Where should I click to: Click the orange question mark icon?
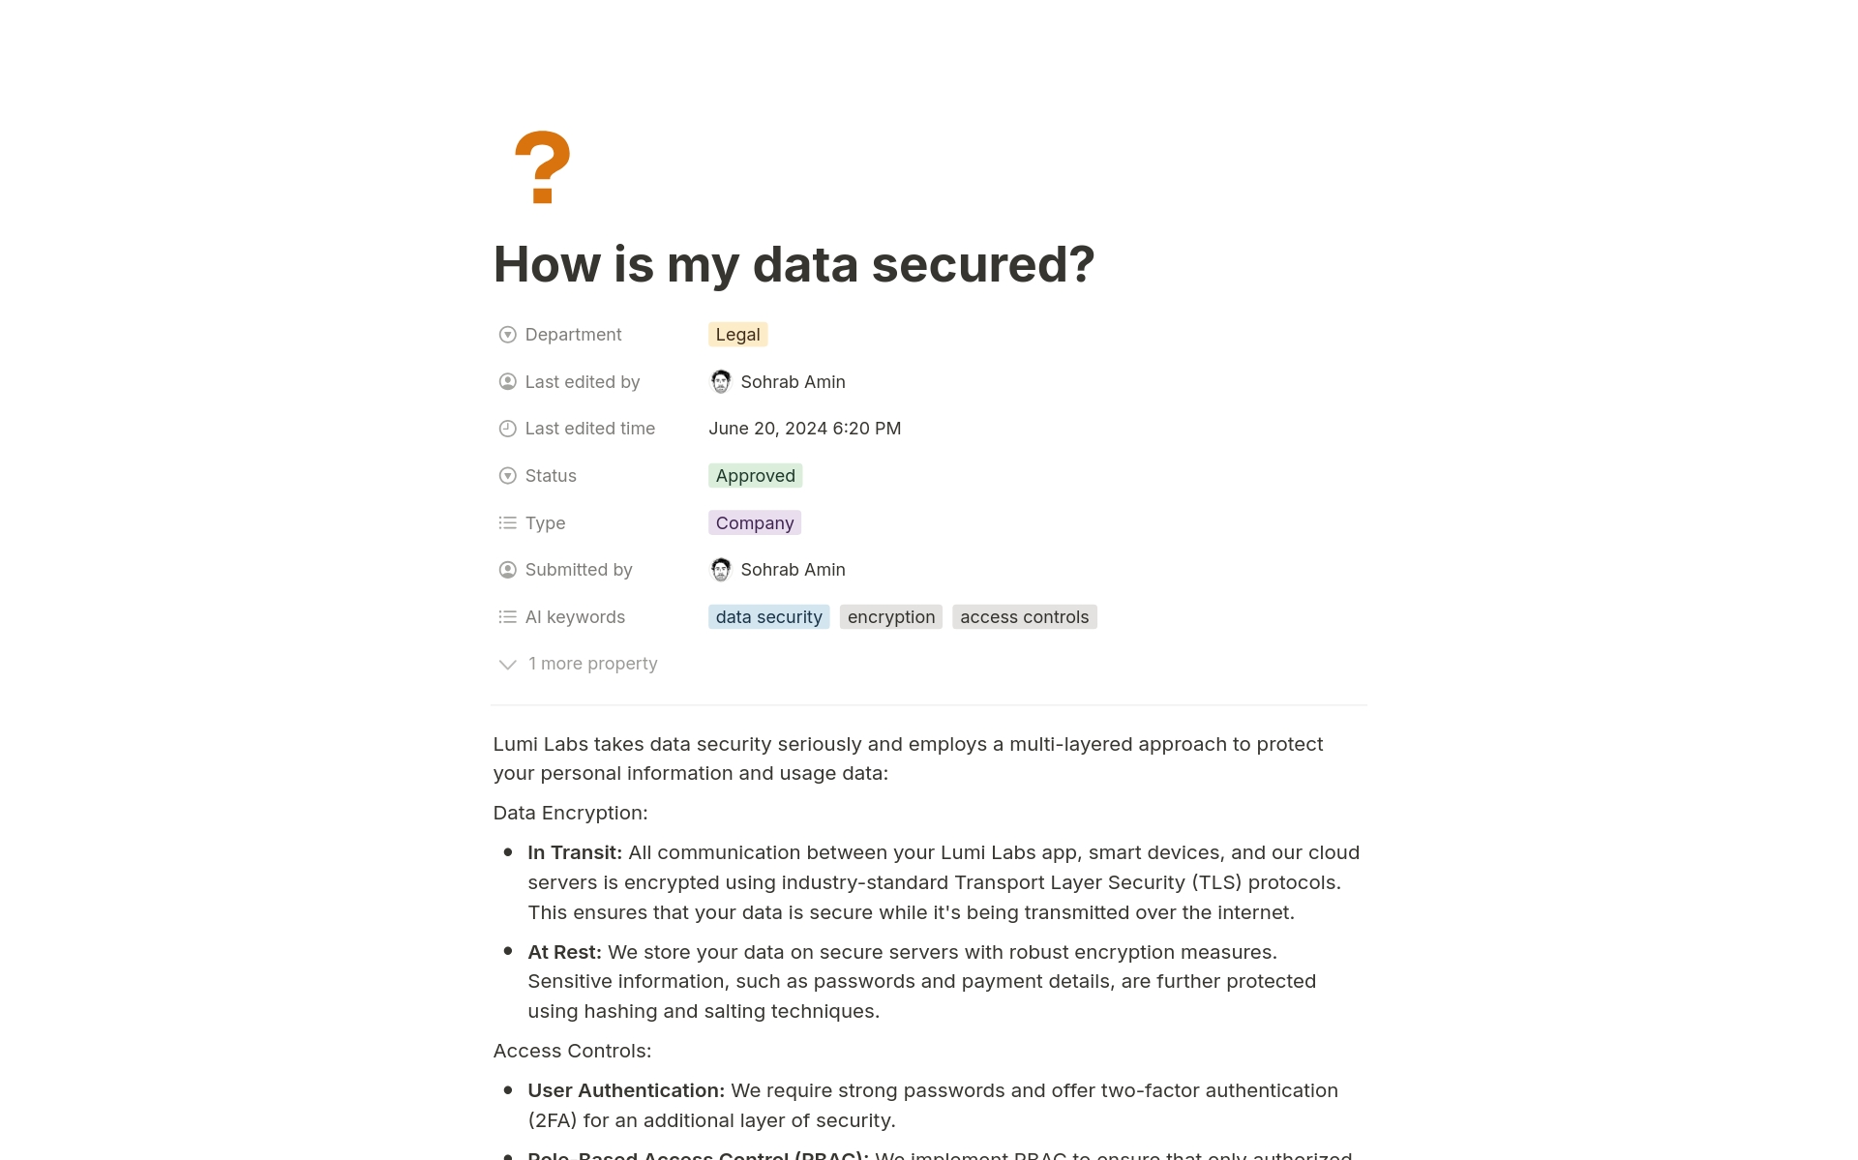pos(542,166)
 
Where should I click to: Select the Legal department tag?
pos(737,335)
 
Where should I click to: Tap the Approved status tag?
pos(755,476)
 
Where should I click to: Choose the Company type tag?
pos(754,523)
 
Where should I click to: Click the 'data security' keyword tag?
pos(768,617)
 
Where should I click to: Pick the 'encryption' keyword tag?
pos(890,617)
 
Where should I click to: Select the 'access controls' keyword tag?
pos(1024,617)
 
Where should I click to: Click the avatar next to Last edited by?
pos(721,382)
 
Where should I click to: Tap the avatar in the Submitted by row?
pos(721,570)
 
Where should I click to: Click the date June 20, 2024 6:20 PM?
pos(804,429)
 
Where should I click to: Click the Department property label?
pos(573,335)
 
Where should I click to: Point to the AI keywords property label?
pos(575,617)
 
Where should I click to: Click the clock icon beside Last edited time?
pos(507,429)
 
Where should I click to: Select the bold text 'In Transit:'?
pos(574,852)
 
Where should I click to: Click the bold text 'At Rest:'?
pos(564,952)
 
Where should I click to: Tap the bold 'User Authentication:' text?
pos(625,1090)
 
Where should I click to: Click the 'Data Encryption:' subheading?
pos(570,813)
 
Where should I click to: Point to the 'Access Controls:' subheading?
pos(572,1051)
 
